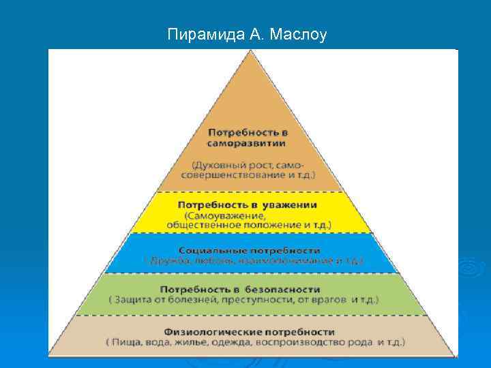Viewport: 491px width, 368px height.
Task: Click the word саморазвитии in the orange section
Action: coord(247,144)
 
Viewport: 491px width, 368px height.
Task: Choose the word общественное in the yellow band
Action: coord(201,224)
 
